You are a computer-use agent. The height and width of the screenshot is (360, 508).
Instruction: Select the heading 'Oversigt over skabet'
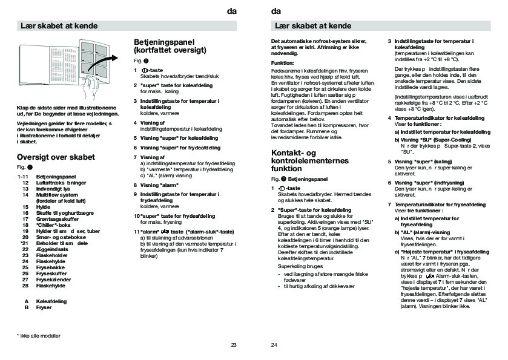(56, 157)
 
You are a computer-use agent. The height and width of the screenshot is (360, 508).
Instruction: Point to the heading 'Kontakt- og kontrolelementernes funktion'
(310, 160)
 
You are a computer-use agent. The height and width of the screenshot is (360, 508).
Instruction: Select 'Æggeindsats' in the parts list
(52, 250)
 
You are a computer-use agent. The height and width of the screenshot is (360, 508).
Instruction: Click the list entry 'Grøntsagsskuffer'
(56, 218)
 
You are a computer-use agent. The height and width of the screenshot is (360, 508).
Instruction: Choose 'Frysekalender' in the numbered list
(53, 280)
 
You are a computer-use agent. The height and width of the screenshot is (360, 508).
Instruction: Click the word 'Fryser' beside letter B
(44, 308)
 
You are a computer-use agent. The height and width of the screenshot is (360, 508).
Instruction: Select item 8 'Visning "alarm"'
(159, 185)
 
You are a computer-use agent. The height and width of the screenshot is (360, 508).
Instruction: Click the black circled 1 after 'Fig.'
(30, 166)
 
